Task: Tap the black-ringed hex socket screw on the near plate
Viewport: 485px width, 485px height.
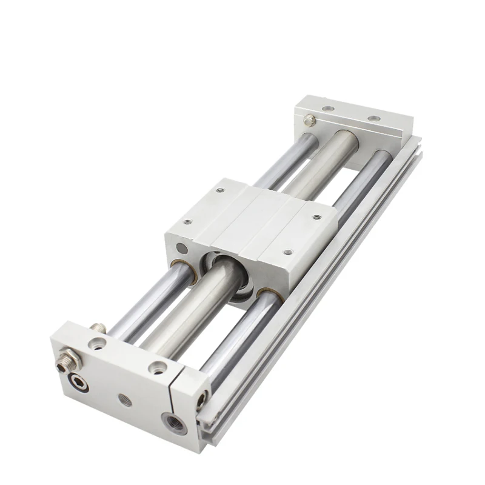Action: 79,383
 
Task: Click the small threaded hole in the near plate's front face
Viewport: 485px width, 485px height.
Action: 125,400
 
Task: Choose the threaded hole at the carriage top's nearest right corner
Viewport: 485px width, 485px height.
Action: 287,252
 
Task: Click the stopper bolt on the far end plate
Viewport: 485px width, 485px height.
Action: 310,121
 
